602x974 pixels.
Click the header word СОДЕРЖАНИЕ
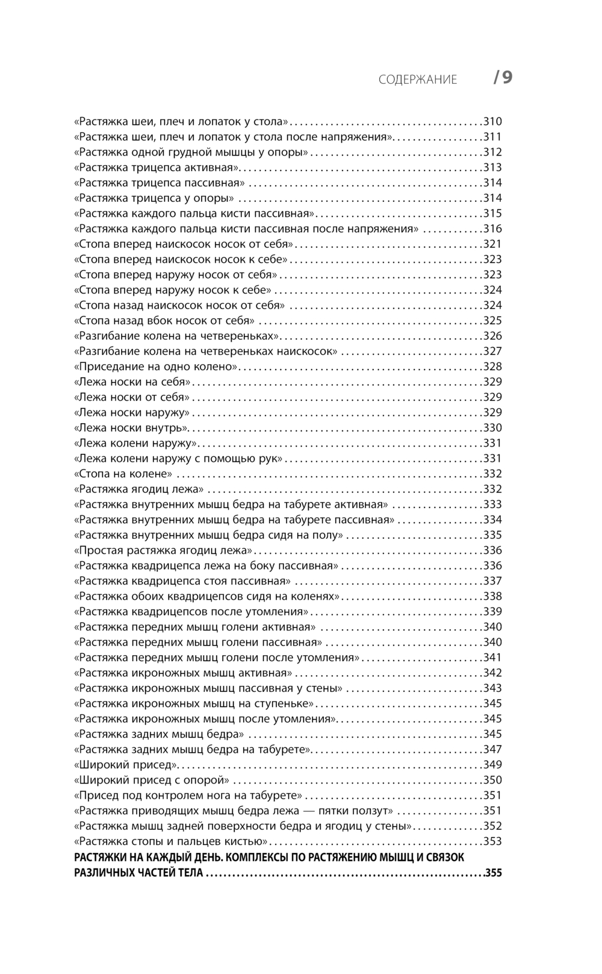pos(418,80)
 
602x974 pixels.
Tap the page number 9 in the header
pos(507,78)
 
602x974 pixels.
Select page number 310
pos(492,121)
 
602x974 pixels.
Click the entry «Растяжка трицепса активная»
pos(157,168)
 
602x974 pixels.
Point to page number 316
pos(492,228)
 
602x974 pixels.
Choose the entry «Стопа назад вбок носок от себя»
pos(164,321)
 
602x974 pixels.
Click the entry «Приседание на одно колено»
pos(156,366)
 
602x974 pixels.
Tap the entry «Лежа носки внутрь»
pos(131,428)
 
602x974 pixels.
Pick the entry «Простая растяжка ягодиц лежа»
pos(163,550)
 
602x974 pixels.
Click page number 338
pos(492,596)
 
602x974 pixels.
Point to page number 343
pos(492,688)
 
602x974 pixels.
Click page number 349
pos(492,765)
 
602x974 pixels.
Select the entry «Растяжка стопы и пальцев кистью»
pos(173,841)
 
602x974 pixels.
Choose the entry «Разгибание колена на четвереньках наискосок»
pos(205,351)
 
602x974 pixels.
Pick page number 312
pos(492,152)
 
